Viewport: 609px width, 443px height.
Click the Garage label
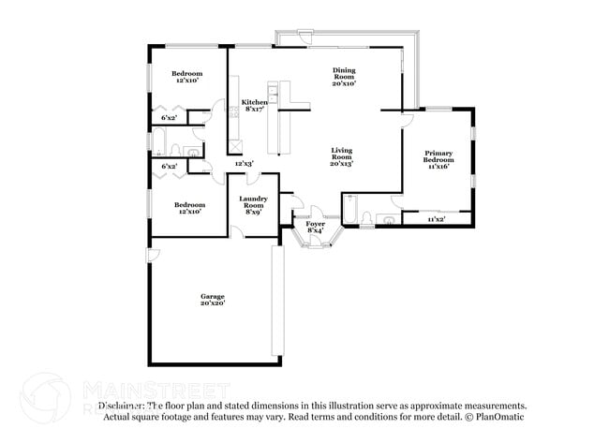(x=211, y=295)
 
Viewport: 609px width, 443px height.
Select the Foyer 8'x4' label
(x=315, y=227)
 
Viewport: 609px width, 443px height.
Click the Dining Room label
(x=344, y=73)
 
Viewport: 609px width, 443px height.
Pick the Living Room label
(x=341, y=154)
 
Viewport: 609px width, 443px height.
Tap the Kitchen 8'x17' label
(x=254, y=105)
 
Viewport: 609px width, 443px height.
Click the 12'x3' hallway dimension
(x=244, y=163)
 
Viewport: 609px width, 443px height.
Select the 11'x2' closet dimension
(x=436, y=219)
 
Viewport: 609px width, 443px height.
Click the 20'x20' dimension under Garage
(x=211, y=303)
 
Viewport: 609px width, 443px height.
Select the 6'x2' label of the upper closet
(x=170, y=118)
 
